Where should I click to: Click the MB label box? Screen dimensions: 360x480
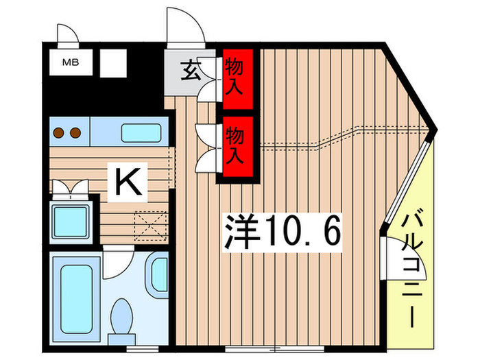pos(71,63)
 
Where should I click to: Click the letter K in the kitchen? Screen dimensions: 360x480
pos(128,182)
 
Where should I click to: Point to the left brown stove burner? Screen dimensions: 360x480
pos(60,132)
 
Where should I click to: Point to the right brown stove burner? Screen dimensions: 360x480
pos(75,132)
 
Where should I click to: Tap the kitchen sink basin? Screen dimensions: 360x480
pos(141,131)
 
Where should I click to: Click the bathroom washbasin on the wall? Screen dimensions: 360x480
pos(159,272)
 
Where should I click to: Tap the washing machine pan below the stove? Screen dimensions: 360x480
pos(71,219)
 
